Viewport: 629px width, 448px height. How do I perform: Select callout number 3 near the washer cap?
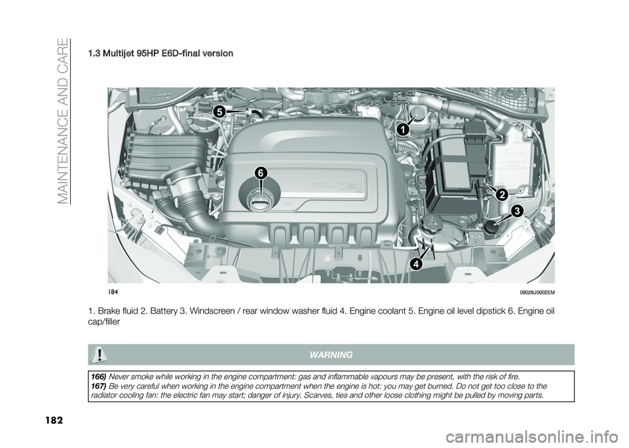coord(518,211)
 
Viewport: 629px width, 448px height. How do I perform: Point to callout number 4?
coord(417,264)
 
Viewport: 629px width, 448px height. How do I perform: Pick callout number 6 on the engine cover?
coord(260,173)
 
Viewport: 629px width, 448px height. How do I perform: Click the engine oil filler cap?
coord(260,199)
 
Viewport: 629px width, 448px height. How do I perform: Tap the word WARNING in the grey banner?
coord(332,355)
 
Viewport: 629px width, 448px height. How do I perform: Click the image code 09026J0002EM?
coord(538,293)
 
